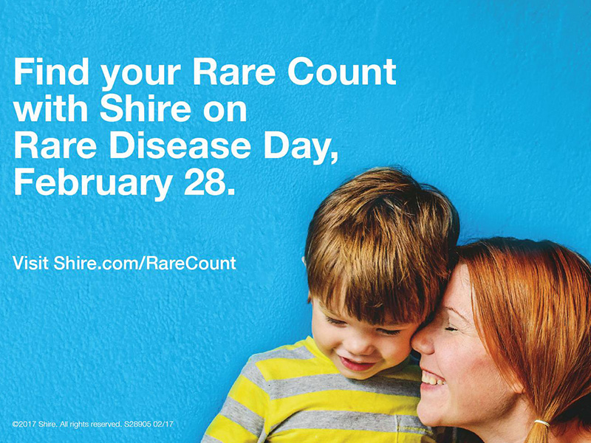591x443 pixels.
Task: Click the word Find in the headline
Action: tap(51, 72)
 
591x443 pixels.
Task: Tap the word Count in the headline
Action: tap(342, 72)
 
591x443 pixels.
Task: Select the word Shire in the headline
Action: tap(146, 109)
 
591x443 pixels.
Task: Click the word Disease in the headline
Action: tap(180, 145)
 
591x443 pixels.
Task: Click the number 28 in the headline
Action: tap(205, 182)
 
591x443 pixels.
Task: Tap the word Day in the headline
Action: tap(301, 148)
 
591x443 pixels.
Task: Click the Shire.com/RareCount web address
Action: tap(145, 263)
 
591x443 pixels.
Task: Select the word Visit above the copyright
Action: tap(30, 263)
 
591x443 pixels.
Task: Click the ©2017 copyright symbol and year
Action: tap(24, 424)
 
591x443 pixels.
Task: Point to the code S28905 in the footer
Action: tap(137, 424)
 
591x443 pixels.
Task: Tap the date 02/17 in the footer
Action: tap(163, 424)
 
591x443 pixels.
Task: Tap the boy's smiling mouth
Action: tap(356, 363)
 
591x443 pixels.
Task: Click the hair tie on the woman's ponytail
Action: tap(542, 422)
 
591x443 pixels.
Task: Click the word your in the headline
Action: tap(141, 75)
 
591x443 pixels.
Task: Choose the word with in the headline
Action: tap(51, 109)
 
